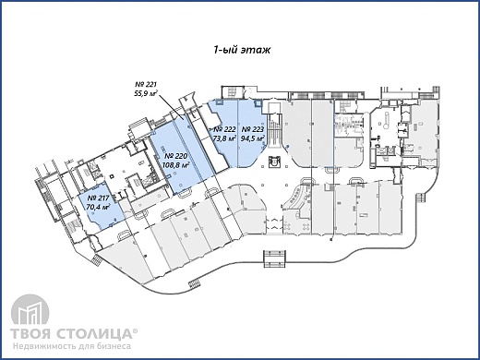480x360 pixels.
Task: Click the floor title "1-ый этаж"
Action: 242,50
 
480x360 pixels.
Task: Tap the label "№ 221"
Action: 146,84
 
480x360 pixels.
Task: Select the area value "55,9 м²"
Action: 148,93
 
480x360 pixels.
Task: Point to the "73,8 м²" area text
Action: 224,138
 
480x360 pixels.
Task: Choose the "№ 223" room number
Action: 252,129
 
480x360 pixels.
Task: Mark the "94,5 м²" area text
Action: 253,138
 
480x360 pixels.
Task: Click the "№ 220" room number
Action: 176,156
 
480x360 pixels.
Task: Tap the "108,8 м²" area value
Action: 175,165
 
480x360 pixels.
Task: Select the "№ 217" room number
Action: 98,198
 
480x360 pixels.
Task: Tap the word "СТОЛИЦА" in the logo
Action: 94,333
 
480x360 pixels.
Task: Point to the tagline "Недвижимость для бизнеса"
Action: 72,346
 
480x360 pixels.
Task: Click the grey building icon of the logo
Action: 30,310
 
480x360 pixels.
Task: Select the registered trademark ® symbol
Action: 136,330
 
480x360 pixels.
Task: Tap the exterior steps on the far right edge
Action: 421,198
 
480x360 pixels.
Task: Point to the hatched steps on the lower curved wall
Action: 194,284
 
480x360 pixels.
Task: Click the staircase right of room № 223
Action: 273,129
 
